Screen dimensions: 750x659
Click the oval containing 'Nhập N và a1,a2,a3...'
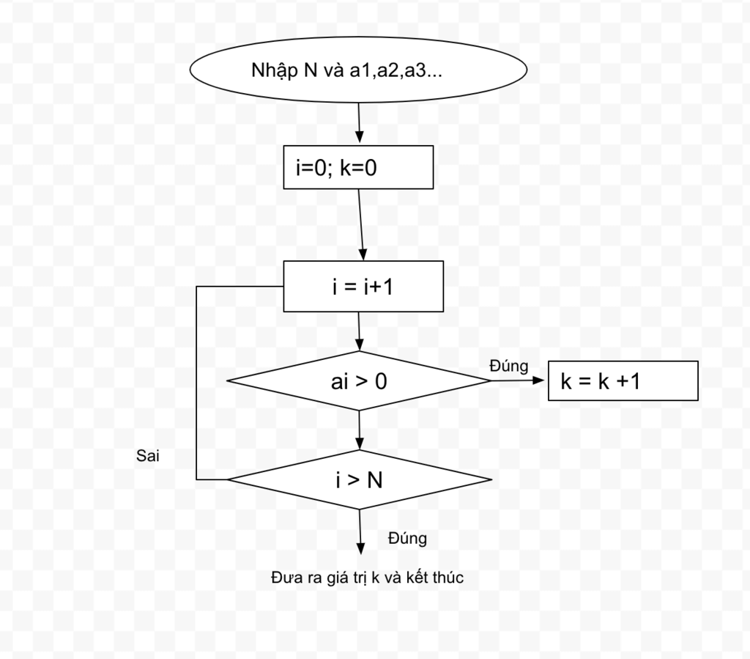click(x=358, y=70)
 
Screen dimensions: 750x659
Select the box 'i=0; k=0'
click(x=358, y=167)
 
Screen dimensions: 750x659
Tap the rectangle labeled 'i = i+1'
click(x=363, y=286)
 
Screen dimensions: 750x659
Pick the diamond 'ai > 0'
click(x=359, y=381)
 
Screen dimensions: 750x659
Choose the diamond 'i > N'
click(x=359, y=479)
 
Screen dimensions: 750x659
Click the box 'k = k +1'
click(x=623, y=381)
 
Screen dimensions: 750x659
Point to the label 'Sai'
click(x=147, y=456)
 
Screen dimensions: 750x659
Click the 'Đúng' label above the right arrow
click(x=509, y=366)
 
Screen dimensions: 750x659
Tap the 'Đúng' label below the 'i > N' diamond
click(x=407, y=538)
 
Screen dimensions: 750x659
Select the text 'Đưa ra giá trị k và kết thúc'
click(x=368, y=577)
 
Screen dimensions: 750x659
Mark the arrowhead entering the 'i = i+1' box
click(x=363, y=254)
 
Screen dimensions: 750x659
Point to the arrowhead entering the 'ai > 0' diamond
click(x=360, y=344)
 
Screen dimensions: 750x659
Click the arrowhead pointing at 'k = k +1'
click(x=538, y=380)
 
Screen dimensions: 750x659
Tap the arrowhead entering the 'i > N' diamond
click(x=360, y=443)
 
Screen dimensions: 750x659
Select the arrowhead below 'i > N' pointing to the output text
click(x=360, y=548)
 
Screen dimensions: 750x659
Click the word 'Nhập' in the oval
click(x=268, y=71)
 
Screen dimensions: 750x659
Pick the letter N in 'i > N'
click(x=375, y=480)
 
